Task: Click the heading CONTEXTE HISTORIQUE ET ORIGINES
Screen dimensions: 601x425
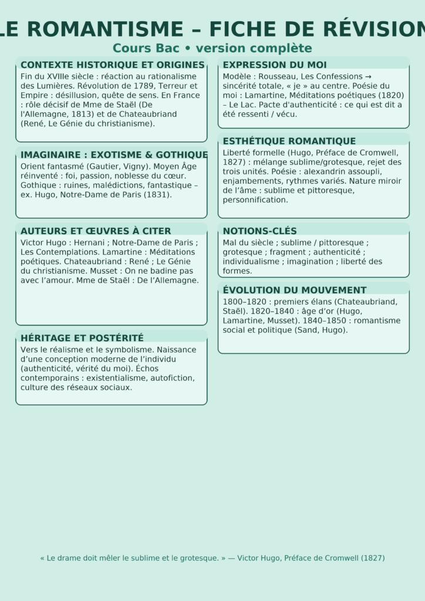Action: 112,65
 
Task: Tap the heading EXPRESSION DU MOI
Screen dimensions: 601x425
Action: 275,65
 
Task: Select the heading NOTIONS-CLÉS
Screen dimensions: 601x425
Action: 259,231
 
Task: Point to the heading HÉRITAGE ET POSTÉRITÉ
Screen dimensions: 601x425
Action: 82,337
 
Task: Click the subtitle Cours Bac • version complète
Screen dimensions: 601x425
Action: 212,48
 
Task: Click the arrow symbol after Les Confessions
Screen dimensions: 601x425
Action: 368,76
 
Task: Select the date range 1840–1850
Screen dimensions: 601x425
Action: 322,320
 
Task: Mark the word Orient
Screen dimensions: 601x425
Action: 32,166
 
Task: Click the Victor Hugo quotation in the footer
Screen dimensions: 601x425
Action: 212,558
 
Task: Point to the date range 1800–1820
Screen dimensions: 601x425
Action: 244,302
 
